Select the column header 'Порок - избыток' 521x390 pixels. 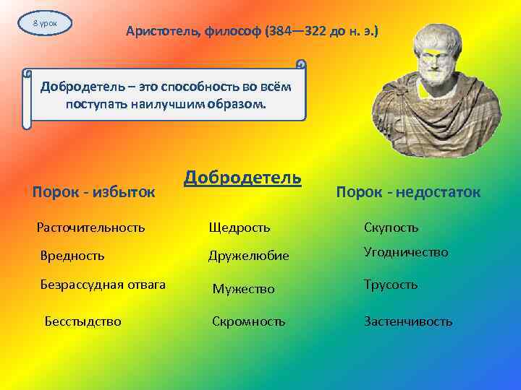tap(94, 191)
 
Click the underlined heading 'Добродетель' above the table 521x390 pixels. tap(242, 178)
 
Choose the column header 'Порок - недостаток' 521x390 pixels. tap(408, 191)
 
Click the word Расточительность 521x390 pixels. tap(91, 227)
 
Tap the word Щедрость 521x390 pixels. tap(240, 228)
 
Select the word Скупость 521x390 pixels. tap(391, 228)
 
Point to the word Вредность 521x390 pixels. tap(72, 255)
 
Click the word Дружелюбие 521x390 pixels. tap(249, 256)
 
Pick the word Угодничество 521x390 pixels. tap(406, 252)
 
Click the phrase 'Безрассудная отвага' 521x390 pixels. tap(103, 285)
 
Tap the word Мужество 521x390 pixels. tap(243, 289)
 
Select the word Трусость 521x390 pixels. tap(391, 285)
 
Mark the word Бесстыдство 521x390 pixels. tap(83, 321)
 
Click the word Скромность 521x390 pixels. tap(248, 321)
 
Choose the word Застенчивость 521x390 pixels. tap(408, 321)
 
